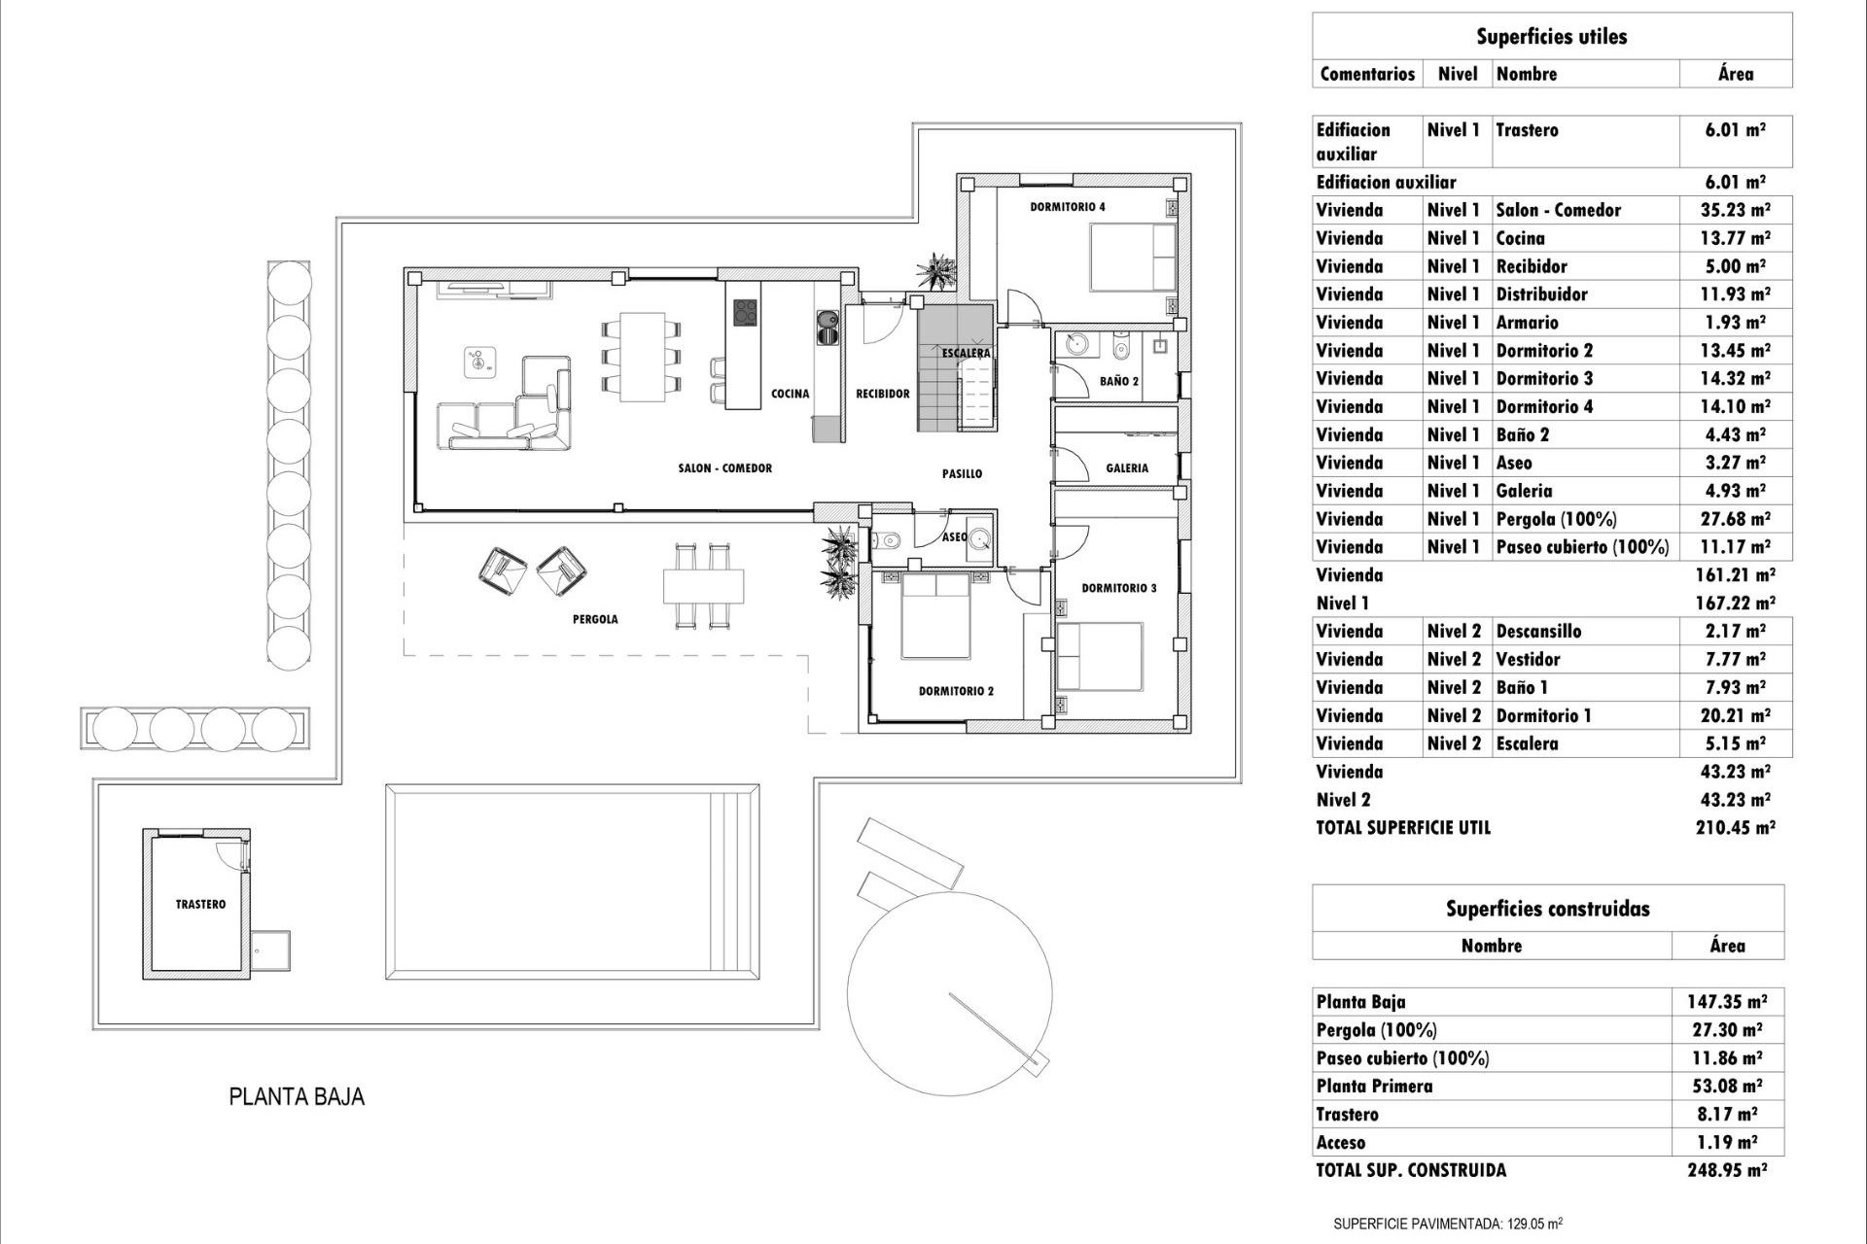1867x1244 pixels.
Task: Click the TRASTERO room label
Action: point(200,904)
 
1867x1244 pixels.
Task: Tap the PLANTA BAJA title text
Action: point(297,1097)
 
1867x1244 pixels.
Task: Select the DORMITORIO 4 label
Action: point(1067,207)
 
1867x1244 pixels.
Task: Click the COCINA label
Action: point(790,394)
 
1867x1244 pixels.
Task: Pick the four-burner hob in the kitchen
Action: point(745,313)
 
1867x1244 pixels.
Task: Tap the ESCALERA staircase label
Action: point(965,353)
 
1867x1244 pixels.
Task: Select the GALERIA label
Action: point(1126,468)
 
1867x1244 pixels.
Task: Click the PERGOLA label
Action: point(595,619)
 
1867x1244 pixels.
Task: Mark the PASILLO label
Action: point(962,474)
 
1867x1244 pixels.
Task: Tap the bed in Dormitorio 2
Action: point(935,616)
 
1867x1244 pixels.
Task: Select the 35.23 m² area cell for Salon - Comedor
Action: point(1736,210)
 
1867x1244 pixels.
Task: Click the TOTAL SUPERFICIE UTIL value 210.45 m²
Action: point(1736,828)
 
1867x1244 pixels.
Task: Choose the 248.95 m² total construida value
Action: point(1727,1170)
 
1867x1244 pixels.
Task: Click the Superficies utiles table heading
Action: point(1551,37)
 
